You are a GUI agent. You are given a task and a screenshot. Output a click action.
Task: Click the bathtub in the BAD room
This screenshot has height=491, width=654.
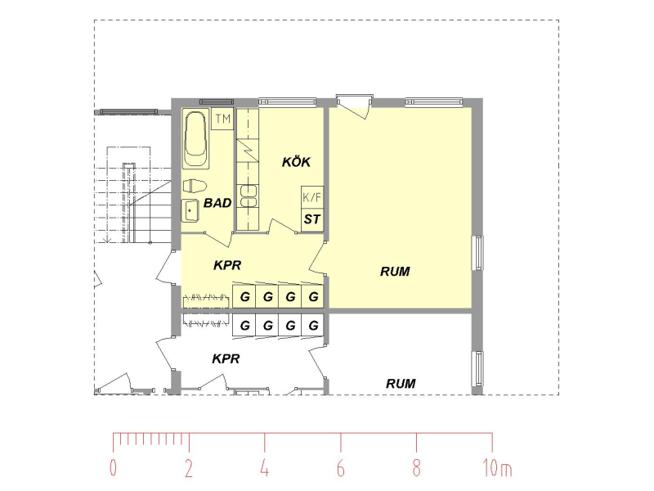click(195, 138)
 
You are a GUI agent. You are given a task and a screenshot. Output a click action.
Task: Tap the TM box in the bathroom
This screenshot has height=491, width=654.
click(222, 119)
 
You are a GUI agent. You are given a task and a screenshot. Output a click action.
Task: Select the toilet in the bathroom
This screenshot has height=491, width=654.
click(195, 186)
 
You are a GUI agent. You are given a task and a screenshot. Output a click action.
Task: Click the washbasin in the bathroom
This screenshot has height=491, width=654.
click(190, 210)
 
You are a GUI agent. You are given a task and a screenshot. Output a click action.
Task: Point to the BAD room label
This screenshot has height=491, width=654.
click(217, 203)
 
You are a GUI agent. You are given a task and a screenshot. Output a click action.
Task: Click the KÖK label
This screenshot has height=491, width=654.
click(296, 162)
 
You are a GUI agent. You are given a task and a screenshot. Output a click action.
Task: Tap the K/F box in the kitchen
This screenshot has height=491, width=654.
click(312, 197)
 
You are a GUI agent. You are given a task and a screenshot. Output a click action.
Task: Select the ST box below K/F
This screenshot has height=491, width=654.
click(312, 219)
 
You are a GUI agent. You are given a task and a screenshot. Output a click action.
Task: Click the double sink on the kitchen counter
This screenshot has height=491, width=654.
click(248, 196)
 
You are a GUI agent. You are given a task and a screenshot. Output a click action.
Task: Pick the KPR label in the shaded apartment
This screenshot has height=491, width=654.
click(227, 265)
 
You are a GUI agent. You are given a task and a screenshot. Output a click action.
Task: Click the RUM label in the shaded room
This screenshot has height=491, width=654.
click(395, 272)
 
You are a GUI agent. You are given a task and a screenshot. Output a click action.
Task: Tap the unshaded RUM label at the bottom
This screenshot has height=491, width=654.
click(401, 383)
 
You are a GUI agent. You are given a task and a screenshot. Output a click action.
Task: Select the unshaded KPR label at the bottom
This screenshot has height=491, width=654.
click(226, 358)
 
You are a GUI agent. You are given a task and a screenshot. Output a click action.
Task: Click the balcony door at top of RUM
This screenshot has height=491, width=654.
click(355, 106)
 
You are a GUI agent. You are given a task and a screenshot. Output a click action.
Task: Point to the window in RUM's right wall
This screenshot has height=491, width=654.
click(478, 253)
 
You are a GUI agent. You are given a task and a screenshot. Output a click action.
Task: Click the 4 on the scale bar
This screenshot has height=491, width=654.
click(265, 468)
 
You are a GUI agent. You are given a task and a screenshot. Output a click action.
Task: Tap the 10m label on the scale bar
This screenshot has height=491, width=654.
click(497, 468)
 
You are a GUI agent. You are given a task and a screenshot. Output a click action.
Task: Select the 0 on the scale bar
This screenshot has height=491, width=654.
click(113, 468)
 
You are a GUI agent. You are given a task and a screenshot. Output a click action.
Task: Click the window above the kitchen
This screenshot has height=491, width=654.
click(288, 101)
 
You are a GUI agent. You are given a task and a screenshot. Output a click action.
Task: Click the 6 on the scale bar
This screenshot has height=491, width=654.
click(341, 468)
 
